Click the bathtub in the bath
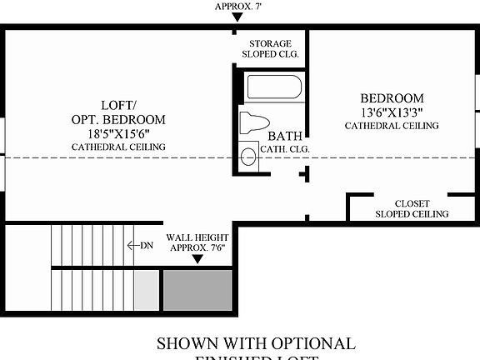272,88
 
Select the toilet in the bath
255,122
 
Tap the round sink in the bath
248,156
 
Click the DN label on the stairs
146,245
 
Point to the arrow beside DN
131,245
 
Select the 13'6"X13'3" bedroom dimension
391,112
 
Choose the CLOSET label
412,202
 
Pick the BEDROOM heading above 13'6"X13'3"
392,97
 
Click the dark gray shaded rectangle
197,289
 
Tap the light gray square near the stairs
146,289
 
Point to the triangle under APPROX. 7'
237,17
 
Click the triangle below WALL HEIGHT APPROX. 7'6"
197,259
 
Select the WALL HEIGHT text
197,237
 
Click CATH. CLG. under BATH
285,149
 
